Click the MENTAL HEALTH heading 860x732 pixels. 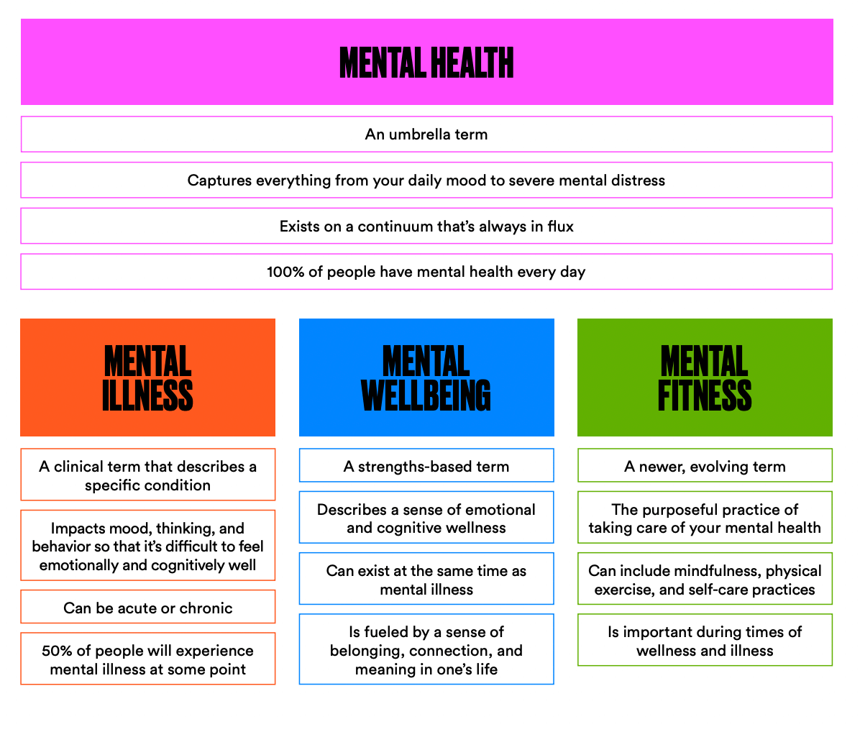tap(426, 63)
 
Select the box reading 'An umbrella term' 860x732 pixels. tap(426, 134)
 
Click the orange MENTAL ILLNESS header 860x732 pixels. tap(147, 378)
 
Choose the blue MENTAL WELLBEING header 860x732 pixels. tap(426, 378)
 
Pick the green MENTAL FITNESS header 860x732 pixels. tap(705, 378)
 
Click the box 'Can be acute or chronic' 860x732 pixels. tap(147, 607)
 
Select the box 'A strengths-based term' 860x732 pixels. tap(426, 465)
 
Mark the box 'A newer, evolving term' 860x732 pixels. tap(705, 465)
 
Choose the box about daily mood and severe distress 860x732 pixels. tap(426, 180)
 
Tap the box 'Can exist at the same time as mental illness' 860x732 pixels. tap(426, 578)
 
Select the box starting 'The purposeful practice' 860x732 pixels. tap(705, 518)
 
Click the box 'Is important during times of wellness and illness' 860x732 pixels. tap(705, 640)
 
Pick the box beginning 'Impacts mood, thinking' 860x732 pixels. tap(147, 546)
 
